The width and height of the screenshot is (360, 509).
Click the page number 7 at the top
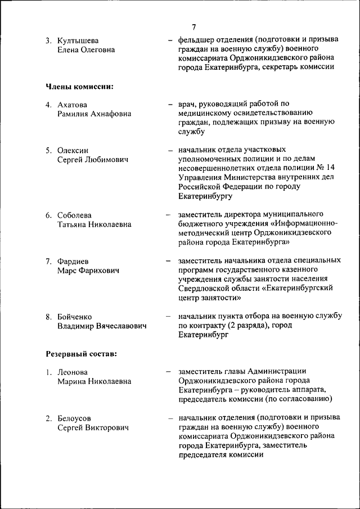tap(193, 27)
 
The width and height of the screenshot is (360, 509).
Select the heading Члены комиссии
tap(79, 87)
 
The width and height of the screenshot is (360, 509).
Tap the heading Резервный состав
tap(81, 354)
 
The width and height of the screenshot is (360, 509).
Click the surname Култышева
tap(78, 40)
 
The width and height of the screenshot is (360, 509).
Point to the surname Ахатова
tap(73, 105)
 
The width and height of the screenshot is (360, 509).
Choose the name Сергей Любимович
tap(92, 159)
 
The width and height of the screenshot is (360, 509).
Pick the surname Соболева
tap(74, 215)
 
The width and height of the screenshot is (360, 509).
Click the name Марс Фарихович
tap(88, 271)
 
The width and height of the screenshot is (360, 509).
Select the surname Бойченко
tap(75, 317)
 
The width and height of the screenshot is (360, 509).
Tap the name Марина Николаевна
tap(94, 381)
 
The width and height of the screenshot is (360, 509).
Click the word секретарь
tap(283, 67)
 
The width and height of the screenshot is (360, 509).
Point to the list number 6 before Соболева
tap(49, 215)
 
